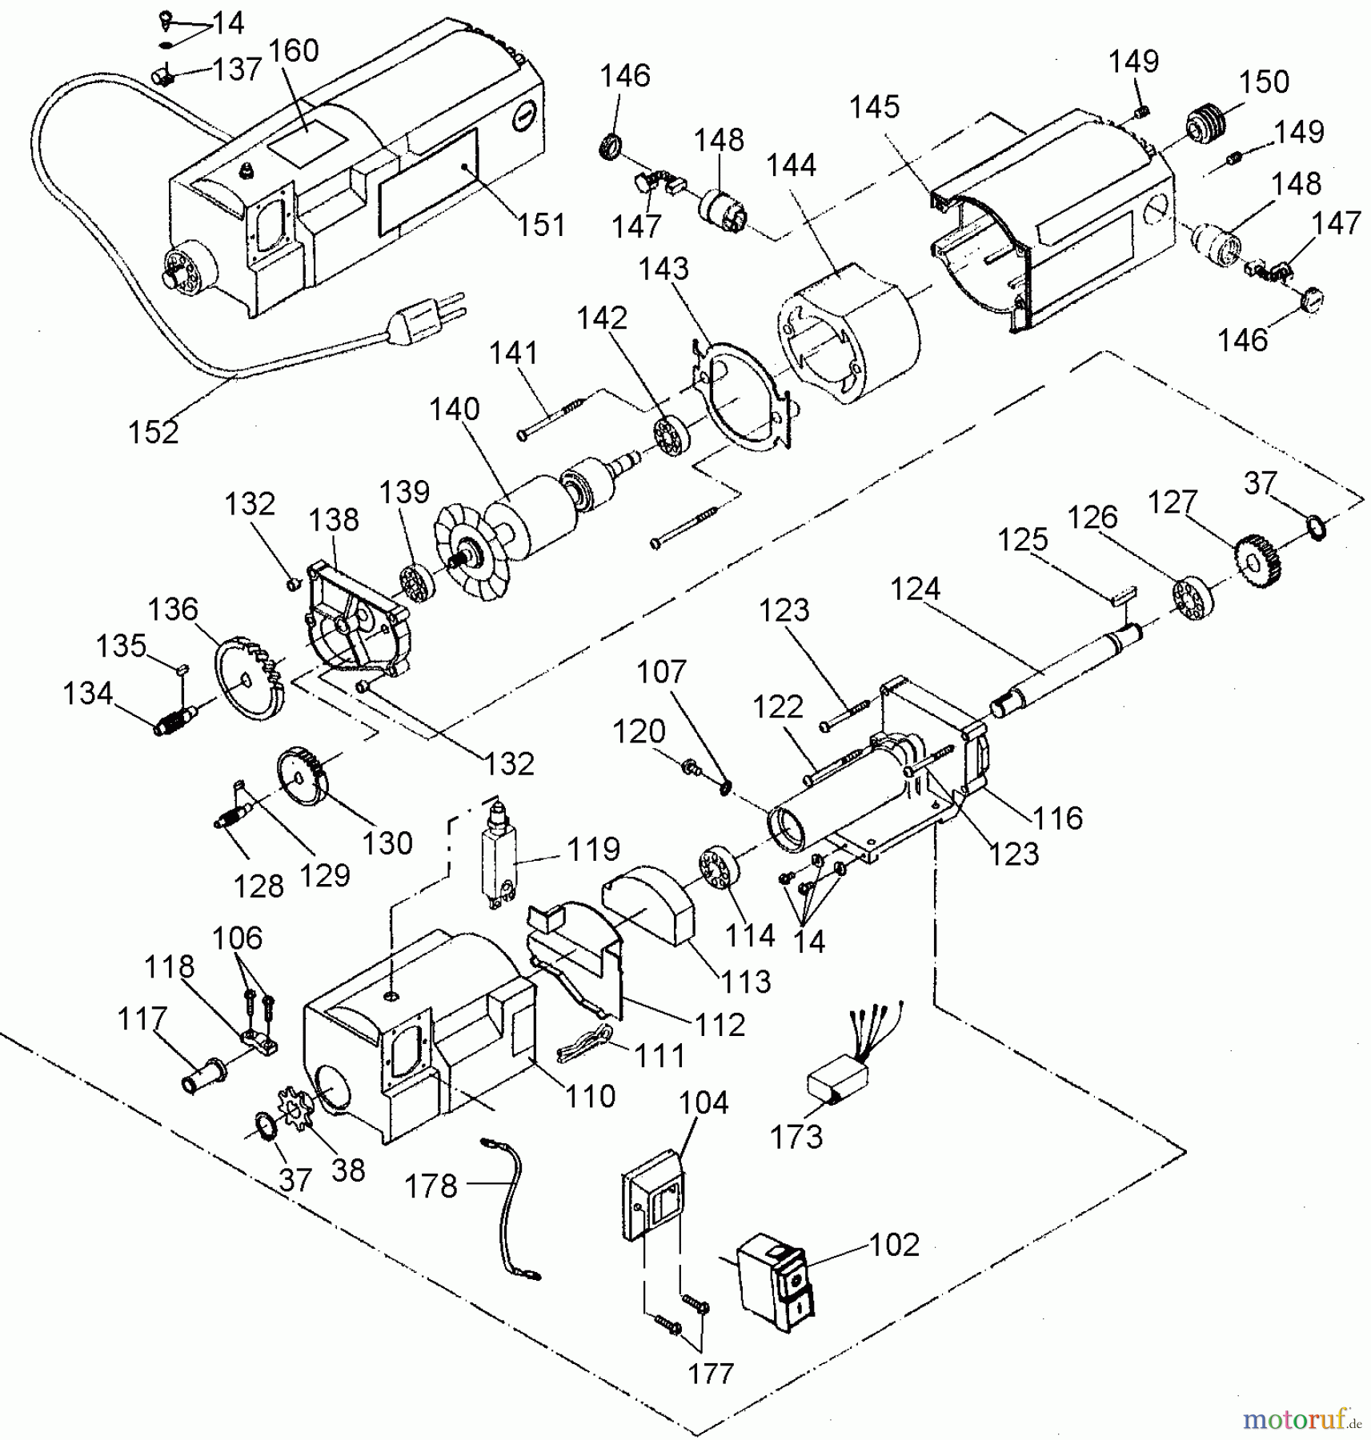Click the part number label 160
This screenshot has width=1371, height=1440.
click(x=293, y=51)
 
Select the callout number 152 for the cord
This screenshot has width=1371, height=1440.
click(x=154, y=432)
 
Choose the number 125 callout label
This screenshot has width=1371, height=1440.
click(x=1022, y=540)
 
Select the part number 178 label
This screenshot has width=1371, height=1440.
click(x=431, y=1186)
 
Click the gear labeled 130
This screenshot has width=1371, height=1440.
click(x=303, y=777)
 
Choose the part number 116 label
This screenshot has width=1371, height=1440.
click(x=1056, y=818)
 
